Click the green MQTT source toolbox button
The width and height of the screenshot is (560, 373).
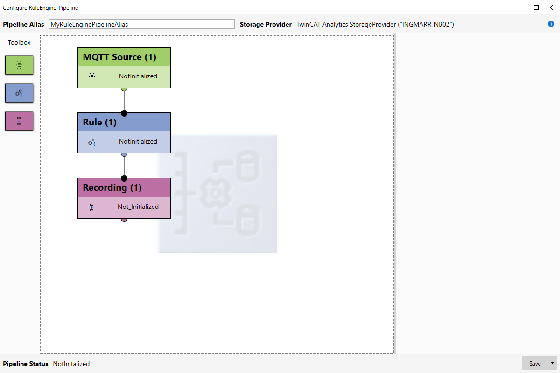click(x=19, y=65)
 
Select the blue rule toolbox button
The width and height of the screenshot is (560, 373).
click(x=19, y=93)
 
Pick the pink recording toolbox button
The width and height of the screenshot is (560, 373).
click(x=19, y=121)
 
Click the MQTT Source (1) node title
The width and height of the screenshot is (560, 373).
click(x=119, y=57)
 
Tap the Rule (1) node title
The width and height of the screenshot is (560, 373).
click(x=99, y=122)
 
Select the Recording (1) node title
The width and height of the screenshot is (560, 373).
click(x=112, y=187)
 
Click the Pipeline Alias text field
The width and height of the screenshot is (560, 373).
click(x=142, y=24)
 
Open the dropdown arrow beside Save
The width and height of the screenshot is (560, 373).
click(x=552, y=363)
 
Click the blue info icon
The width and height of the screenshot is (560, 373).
click(x=551, y=24)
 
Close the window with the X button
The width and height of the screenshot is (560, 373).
click(x=550, y=7)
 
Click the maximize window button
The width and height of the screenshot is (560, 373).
click(x=536, y=7)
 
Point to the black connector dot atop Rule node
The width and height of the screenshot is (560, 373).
click(x=124, y=113)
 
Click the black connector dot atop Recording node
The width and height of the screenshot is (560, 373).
click(x=124, y=179)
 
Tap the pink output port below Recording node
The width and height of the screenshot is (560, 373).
click(x=124, y=220)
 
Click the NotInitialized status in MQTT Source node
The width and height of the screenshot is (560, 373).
click(x=138, y=76)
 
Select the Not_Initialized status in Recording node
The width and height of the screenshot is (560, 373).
click(x=138, y=207)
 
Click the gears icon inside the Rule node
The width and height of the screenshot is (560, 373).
click(x=92, y=142)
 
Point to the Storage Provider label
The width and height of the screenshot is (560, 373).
click(x=266, y=24)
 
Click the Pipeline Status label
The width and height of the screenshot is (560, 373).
click(x=26, y=364)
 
